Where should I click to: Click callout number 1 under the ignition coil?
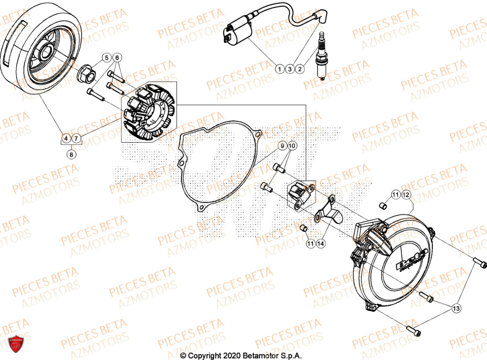click(279, 69)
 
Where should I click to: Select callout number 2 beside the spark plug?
click(300, 69)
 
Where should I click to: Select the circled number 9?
click(281, 146)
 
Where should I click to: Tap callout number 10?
click(292, 146)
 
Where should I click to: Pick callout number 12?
click(406, 195)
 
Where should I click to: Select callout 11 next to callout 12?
click(395, 195)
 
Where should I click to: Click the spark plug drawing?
click(322, 54)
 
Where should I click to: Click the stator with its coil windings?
click(146, 113)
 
